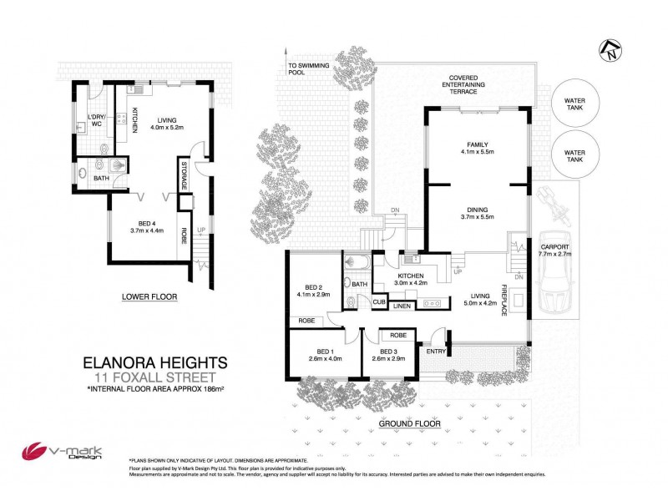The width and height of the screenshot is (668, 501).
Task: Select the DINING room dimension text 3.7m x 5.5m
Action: [477, 217]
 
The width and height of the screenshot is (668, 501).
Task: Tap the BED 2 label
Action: [313, 286]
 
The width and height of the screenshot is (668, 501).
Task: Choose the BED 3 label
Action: [386, 352]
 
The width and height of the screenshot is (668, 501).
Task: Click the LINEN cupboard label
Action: [402, 306]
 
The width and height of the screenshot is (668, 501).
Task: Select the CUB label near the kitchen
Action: [378, 301]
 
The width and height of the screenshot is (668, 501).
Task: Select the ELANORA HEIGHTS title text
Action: [154, 363]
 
